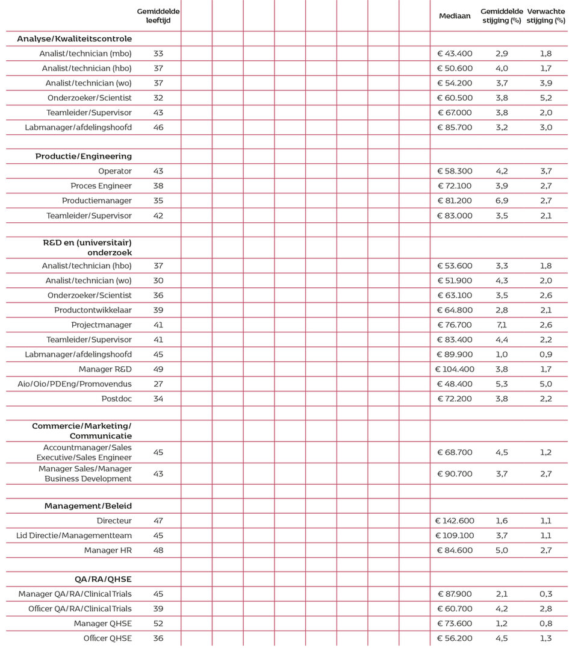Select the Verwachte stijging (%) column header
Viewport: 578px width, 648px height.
click(545, 16)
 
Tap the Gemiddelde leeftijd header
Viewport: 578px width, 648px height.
click(158, 16)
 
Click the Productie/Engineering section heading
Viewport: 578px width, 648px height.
click(83, 157)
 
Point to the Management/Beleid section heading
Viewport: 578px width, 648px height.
click(88, 506)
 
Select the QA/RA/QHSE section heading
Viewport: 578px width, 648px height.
click(103, 579)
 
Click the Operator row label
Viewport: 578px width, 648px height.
click(115, 171)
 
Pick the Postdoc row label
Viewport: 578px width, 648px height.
click(116, 399)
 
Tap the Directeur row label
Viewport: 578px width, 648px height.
click(114, 520)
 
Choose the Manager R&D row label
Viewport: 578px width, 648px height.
click(105, 369)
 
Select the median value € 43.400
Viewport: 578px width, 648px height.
click(455, 54)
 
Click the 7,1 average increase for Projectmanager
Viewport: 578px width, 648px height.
click(502, 325)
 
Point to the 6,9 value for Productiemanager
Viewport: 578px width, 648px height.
click(502, 201)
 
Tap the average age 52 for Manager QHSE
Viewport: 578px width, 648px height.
click(158, 624)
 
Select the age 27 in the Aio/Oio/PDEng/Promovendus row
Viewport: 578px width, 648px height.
click(158, 384)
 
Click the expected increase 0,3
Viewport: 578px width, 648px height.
click(546, 594)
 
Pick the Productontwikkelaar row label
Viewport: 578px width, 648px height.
click(93, 310)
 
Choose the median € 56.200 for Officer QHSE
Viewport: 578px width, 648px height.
click(455, 638)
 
